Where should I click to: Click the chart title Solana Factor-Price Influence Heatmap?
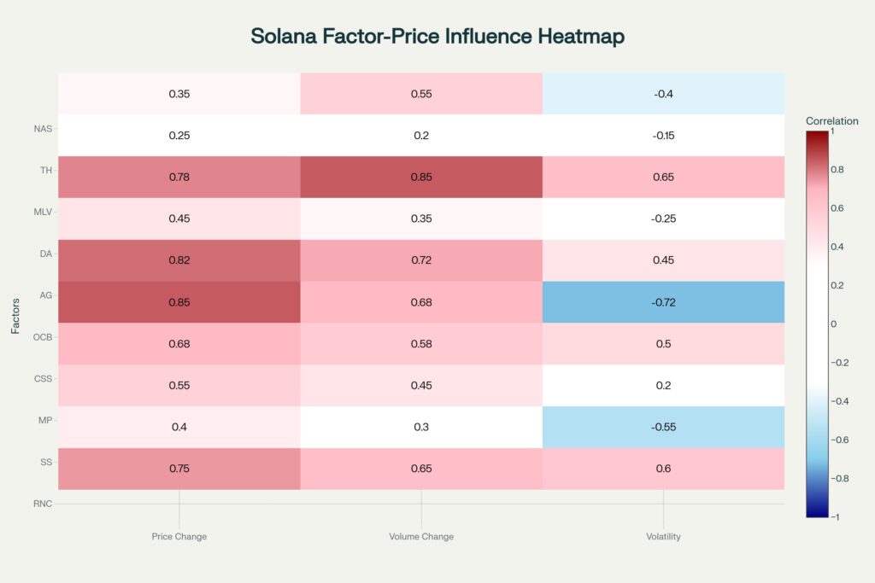pos(437,36)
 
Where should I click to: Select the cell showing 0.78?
pos(179,177)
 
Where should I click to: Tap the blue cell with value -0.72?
pos(663,302)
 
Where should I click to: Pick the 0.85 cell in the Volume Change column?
pos(421,177)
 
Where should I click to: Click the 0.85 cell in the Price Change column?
pos(179,302)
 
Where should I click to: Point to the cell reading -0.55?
pos(663,427)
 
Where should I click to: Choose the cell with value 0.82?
pos(179,260)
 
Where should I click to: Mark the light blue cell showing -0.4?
pos(663,94)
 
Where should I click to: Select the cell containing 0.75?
pos(179,469)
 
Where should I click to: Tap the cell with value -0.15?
pos(663,136)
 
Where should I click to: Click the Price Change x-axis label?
pos(179,537)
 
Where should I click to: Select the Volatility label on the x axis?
pos(663,537)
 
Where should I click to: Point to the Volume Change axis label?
pos(421,537)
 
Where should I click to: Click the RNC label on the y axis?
pos(42,504)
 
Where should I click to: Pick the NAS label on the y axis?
pos(42,129)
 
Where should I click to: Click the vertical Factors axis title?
pos(15,316)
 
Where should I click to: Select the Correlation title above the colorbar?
pos(831,121)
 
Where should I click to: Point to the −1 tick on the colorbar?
pos(835,517)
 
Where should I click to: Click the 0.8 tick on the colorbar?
pos(837,170)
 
